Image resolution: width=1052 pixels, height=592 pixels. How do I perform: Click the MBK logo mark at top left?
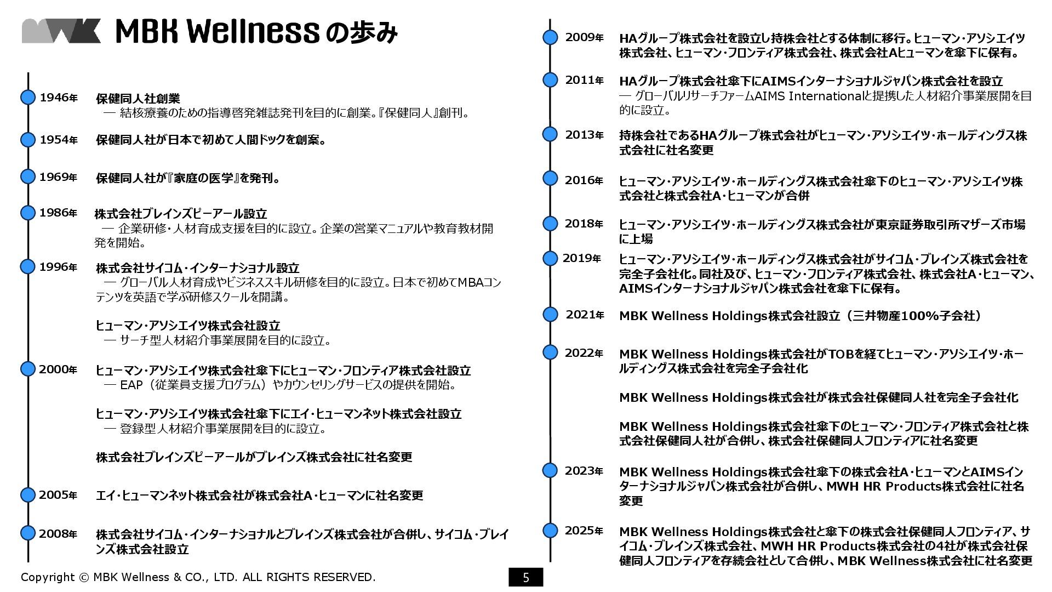[61, 31]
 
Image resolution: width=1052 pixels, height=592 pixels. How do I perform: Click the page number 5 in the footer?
[526, 577]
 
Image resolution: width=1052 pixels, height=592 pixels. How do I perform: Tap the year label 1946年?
[59, 98]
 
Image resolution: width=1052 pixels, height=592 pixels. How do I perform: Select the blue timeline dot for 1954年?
[28, 140]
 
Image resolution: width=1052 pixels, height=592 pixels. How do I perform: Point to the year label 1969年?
[58, 177]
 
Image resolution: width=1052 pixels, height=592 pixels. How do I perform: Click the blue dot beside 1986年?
[28, 213]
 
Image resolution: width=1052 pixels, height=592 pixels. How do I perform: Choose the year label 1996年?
[58, 267]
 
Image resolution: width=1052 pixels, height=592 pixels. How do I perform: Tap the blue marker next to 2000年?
[28, 369]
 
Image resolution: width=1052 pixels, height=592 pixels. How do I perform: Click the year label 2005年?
[58, 495]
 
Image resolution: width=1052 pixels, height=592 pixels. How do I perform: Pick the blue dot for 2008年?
[28, 533]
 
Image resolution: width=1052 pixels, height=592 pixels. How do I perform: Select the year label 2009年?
[584, 37]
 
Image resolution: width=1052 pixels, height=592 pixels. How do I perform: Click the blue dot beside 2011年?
[550, 80]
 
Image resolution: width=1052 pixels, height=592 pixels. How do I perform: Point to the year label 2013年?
[584, 135]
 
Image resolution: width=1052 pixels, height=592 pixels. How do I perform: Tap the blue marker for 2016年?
[550, 179]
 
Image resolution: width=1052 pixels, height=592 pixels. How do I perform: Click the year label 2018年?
[584, 224]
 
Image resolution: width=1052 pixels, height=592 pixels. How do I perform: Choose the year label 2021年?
[585, 315]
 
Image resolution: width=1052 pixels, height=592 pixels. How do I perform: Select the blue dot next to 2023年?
[550, 470]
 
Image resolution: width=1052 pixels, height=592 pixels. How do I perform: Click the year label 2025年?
[584, 531]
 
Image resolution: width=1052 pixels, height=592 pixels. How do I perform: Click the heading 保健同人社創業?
[138, 99]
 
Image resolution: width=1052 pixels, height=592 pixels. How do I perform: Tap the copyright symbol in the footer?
[84, 577]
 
